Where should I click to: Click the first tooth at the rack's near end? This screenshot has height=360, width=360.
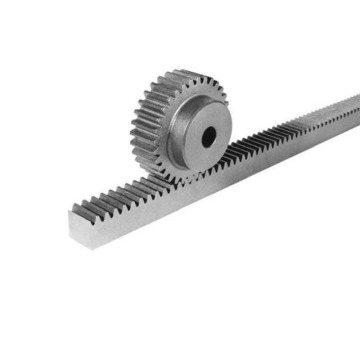tap(78, 209)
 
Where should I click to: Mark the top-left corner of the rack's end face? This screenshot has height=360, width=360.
tap(69, 213)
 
